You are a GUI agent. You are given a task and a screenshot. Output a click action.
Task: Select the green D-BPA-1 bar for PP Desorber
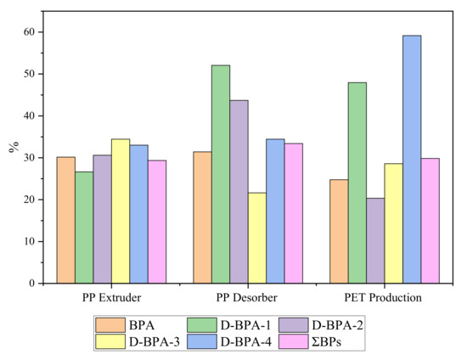(221, 174)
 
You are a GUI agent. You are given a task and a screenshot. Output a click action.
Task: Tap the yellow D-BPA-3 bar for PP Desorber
(257, 238)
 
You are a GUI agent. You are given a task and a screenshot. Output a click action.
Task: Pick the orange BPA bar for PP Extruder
(66, 220)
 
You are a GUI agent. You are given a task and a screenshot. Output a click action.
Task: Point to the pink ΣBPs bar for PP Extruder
(157, 222)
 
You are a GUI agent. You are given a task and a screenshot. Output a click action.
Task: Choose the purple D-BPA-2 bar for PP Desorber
(239, 191)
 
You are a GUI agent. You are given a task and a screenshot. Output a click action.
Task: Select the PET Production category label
(385, 298)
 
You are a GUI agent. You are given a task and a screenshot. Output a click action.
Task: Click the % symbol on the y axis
(14, 146)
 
